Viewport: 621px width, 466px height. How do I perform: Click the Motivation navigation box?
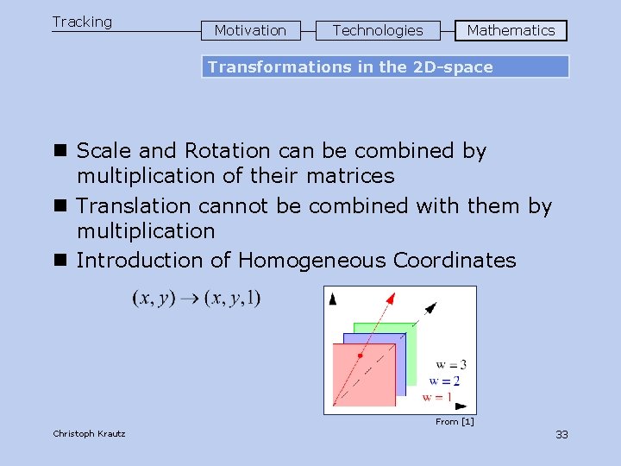[x=250, y=31]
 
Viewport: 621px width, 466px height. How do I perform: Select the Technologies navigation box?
[x=378, y=31]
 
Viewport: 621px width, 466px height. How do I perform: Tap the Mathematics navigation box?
[x=511, y=31]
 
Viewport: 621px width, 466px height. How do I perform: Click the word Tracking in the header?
[x=82, y=22]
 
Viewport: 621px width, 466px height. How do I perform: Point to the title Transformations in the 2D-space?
[x=350, y=67]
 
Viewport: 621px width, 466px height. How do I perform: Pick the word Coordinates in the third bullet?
[x=455, y=261]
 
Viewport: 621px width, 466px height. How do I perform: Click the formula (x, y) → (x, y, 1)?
[x=197, y=299]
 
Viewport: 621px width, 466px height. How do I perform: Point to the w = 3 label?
[x=451, y=365]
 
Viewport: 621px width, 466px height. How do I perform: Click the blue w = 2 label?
[x=444, y=381]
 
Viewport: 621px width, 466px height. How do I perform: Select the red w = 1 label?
[x=436, y=397]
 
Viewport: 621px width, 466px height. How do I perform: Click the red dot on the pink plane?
[x=361, y=356]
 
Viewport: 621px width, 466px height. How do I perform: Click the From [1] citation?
[x=455, y=421]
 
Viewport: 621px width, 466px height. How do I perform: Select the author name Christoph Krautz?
[x=89, y=433]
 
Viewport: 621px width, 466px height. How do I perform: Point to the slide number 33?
[x=561, y=434]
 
